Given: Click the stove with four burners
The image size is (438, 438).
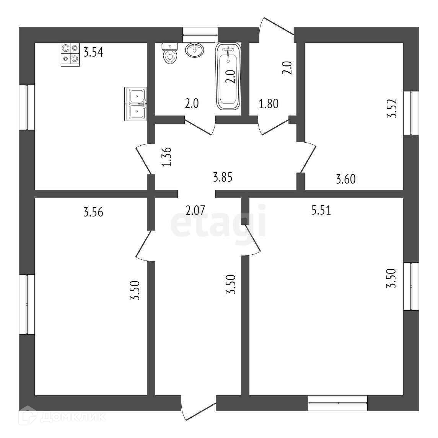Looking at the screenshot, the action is click(70, 54).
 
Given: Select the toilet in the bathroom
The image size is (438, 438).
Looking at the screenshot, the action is click(170, 54).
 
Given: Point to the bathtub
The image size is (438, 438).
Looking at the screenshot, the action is click(229, 77).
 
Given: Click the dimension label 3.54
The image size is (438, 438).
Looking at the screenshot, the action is click(93, 52).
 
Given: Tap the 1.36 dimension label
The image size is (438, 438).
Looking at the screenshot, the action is click(166, 157).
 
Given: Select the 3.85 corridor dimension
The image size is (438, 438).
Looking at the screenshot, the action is click(223, 177).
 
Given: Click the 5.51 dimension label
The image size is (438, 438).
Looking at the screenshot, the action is click(321, 210).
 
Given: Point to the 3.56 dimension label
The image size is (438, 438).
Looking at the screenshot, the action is click(93, 212).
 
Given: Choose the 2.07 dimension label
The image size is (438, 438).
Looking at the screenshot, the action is click(195, 210).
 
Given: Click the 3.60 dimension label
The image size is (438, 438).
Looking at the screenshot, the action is click(345, 179).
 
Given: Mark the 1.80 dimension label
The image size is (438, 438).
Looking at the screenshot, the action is click(269, 104).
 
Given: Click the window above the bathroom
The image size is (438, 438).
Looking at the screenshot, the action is click(200, 34).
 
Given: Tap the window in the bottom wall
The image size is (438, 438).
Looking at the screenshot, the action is click(337, 403).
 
